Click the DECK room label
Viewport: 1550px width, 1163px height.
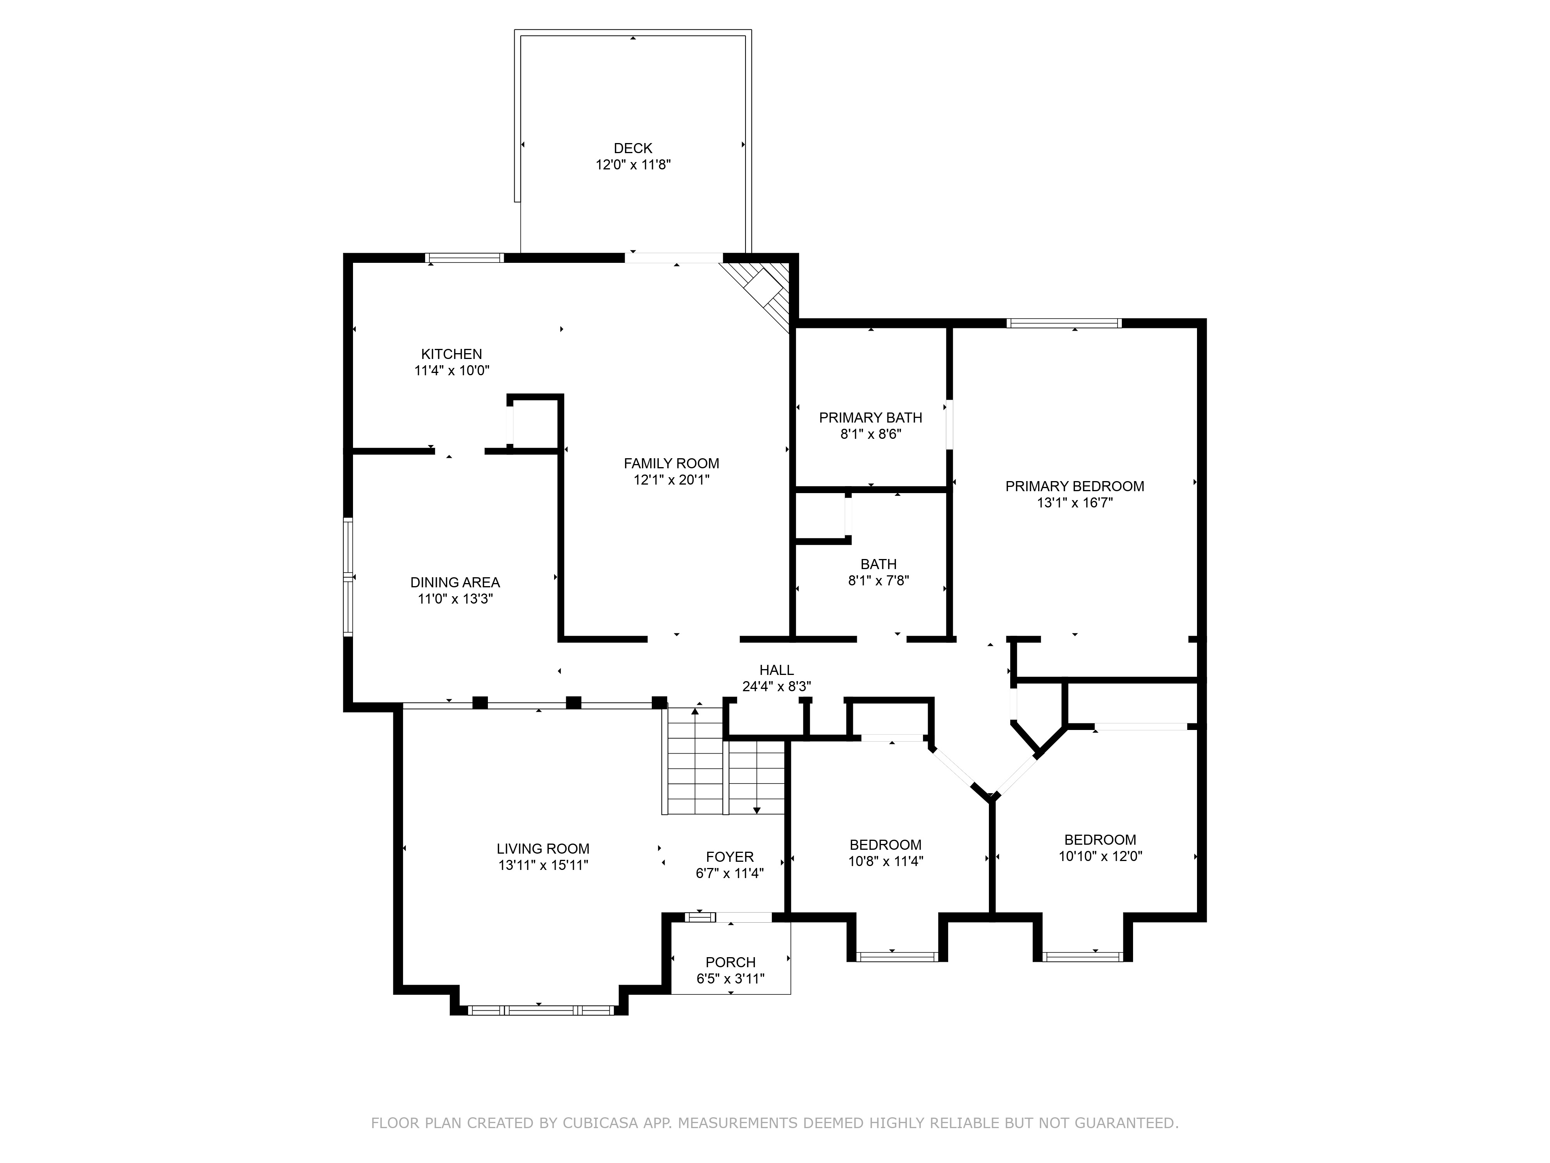tap(633, 148)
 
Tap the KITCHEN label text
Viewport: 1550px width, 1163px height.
tap(451, 354)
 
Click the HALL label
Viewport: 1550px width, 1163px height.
tap(777, 670)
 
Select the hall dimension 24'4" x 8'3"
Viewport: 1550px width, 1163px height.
tap(777, 686)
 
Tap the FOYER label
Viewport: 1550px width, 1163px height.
tap(729, 857)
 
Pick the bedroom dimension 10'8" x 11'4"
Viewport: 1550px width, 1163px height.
tap(886, 861)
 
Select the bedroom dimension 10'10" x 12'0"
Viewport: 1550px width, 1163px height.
tap(1100, 856)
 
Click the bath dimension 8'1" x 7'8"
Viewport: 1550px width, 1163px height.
tap(878, 580)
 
